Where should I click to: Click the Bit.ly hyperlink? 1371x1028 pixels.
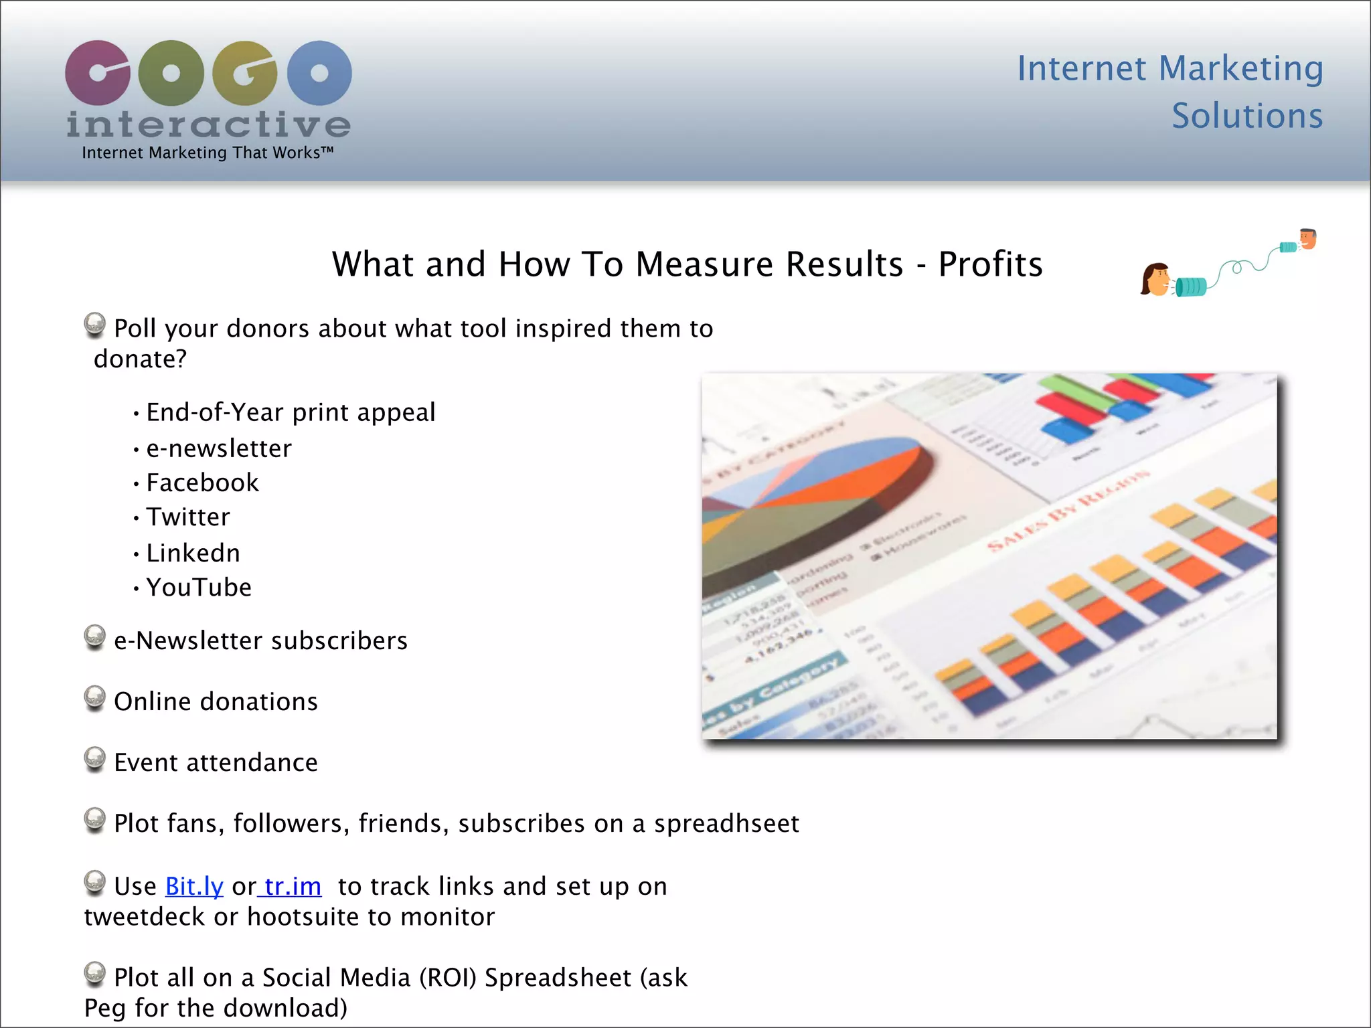coord(194,886)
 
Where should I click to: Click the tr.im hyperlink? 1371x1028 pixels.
coord(293,886)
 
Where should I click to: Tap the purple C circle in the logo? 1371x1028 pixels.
coord(98,72)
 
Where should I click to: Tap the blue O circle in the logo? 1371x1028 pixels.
coord(319,72)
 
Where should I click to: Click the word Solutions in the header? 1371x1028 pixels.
coord(1247,116)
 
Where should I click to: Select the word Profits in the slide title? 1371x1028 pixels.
coord(990,264)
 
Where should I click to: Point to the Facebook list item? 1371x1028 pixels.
coord(202,483)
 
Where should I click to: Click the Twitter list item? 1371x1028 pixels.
coord(188,517)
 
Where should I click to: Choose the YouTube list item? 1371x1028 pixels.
coord(199,588)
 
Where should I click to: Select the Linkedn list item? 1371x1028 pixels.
coord(193,553)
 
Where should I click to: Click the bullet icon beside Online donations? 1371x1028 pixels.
coord(95,698)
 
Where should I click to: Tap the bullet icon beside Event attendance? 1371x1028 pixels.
coord(95,759)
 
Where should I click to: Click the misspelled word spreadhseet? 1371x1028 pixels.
coord(726,823)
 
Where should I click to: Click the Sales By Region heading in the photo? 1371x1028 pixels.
coord(1068,512)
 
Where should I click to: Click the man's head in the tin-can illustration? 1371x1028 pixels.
coord(1308,238)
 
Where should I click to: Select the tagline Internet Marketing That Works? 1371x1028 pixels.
coord(208,153)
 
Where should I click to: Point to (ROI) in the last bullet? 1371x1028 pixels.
coord(448,978)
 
